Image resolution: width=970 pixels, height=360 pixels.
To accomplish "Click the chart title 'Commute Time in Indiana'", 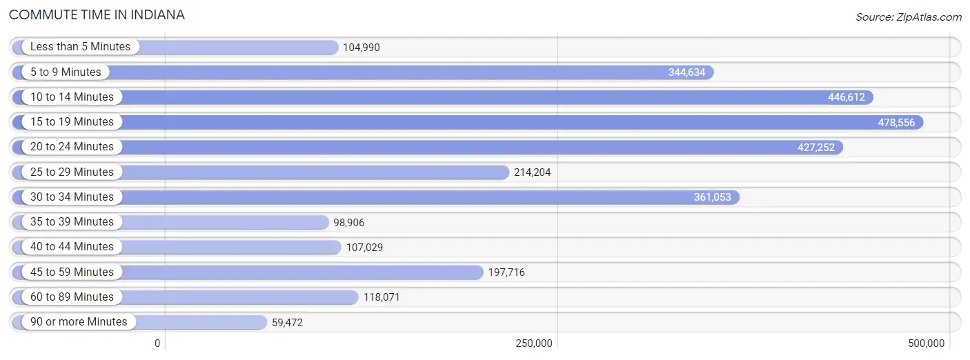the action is tap(97, 14).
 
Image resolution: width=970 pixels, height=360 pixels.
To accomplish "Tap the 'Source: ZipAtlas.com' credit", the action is tap(909, 17).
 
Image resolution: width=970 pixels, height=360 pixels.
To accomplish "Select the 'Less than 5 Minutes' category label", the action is tap(80, 46).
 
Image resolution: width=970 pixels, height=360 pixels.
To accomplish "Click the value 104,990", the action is tap(361, 47).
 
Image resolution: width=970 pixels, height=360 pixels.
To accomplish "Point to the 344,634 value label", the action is tap(686, 72).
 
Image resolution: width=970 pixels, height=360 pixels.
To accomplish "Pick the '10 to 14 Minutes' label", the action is tap(72, 97).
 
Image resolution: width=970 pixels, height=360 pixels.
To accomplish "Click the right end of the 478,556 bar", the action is tap(923, 122).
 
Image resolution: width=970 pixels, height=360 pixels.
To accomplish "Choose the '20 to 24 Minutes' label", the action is tap(72, 147).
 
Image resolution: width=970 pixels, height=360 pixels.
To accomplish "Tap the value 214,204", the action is tap(532, 172).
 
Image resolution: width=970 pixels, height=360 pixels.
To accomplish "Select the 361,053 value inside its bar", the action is tap(713, 197).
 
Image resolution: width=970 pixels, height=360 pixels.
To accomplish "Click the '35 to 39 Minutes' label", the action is tap(72, 221).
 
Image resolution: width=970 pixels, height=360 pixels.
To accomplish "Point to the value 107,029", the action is tap(365, 248).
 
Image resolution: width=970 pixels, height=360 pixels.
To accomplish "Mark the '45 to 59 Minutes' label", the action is tap(72, 272).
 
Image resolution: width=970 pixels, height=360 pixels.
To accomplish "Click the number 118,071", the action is tap(382, 297).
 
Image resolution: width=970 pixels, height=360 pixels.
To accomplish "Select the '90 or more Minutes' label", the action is tap(79, 321).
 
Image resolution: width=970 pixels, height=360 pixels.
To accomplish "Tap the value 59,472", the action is tap(287, 322).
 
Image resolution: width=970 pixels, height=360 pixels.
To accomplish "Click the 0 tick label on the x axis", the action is tap(157, 343).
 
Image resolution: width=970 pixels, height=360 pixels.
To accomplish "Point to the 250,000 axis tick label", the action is tap(534, 343).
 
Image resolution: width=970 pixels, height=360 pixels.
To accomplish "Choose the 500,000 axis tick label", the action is tap(927, 343).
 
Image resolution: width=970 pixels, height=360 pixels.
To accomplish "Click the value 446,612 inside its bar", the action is tap(847, 97).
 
